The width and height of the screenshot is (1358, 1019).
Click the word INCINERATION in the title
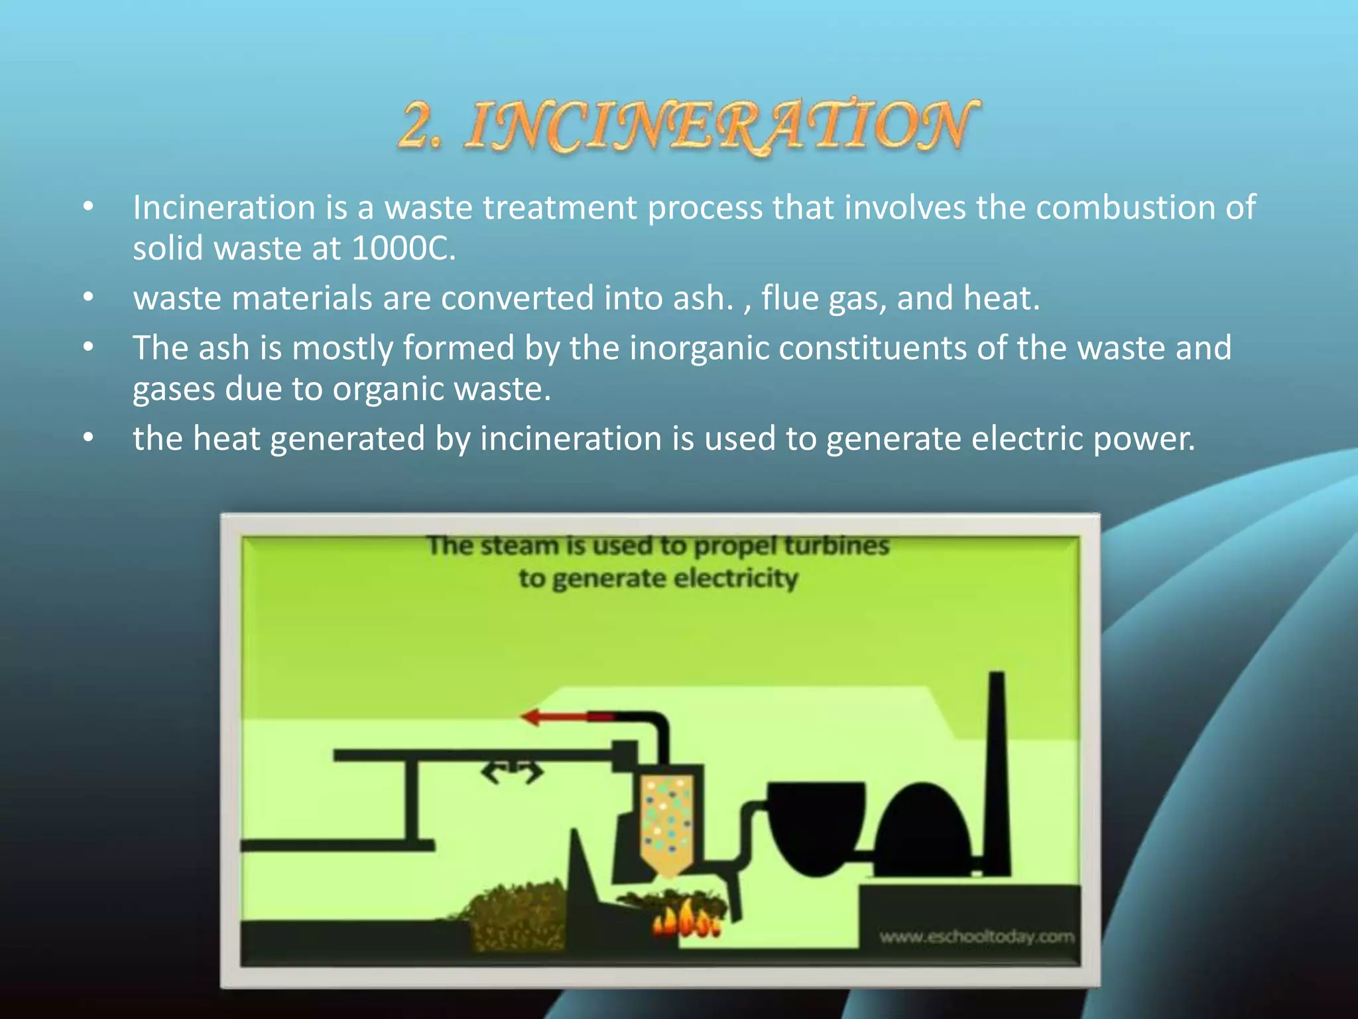723,126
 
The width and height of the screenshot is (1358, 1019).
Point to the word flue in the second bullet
790,298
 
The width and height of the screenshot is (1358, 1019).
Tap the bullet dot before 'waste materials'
88,298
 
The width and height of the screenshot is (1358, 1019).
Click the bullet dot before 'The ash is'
88,348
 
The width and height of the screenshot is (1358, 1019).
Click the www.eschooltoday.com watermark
976,937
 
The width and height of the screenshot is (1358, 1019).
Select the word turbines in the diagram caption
837,546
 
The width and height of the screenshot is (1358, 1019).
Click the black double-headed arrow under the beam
512,772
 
